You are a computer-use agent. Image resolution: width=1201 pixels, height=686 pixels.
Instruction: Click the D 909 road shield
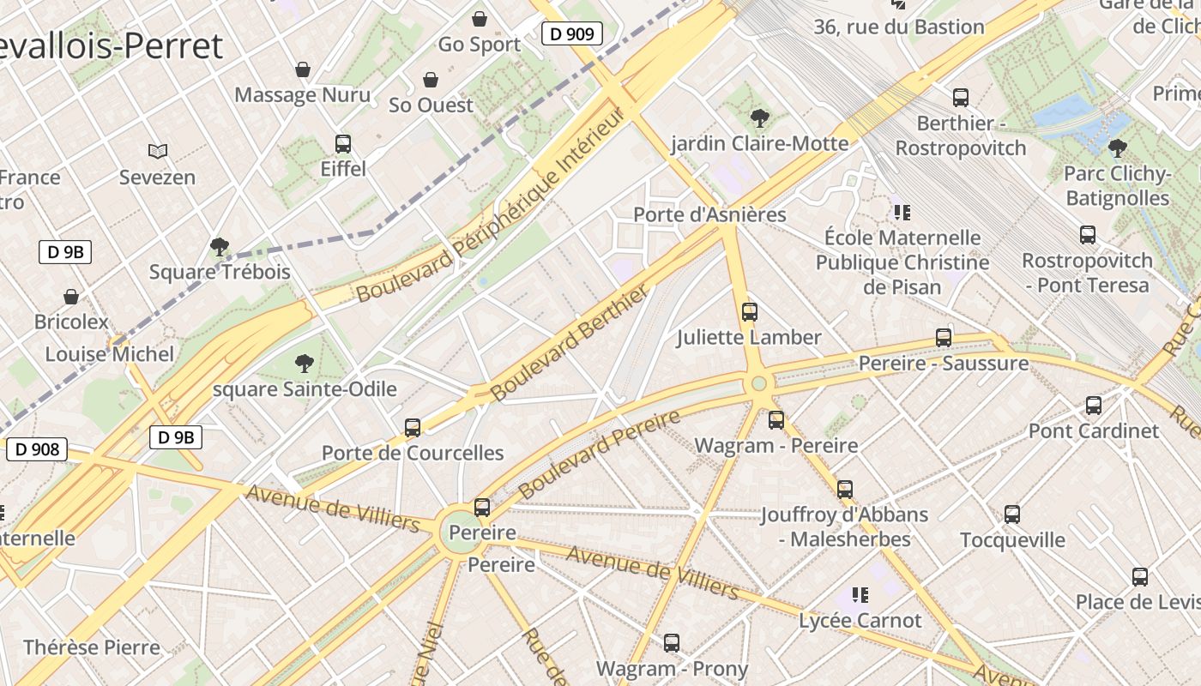[572, 34]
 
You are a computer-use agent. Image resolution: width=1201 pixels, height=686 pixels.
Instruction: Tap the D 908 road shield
[37, 448]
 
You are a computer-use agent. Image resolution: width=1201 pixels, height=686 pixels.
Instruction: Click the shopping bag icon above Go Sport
[480, 18]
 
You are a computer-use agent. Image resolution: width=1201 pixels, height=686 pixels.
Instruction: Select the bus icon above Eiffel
[343, 143]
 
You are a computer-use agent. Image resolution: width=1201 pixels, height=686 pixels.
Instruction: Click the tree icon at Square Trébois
[220, 247]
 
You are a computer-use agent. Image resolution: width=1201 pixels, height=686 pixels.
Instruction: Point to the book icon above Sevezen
[157, 152]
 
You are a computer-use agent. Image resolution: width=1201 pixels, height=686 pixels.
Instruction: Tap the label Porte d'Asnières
[709, 214]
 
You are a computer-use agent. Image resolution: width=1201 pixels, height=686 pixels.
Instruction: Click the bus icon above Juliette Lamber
[750, 311]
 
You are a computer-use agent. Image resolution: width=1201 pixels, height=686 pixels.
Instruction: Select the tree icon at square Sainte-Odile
[304, 364]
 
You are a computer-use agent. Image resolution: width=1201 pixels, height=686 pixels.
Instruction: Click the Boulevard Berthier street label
[570, 344]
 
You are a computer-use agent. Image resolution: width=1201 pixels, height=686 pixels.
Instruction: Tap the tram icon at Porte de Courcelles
[413, 427]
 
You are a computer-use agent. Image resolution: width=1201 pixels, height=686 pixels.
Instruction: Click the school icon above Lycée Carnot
[860, 594]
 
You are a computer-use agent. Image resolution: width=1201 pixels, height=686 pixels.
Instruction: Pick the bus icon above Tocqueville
[1012, 514]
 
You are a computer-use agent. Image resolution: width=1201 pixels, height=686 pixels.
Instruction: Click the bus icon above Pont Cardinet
[1094, 405]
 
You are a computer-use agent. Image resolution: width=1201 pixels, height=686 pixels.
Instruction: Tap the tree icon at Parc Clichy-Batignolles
[1117, 148]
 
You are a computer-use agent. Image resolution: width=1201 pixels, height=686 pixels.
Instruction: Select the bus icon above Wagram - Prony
[672, 642]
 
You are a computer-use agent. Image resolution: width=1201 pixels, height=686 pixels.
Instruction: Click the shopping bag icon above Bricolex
[71, 297]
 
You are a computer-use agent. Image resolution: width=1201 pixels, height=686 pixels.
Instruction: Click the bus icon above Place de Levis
[1140, 577]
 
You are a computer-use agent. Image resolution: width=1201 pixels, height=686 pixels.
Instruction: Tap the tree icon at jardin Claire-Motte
[759, 117]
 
